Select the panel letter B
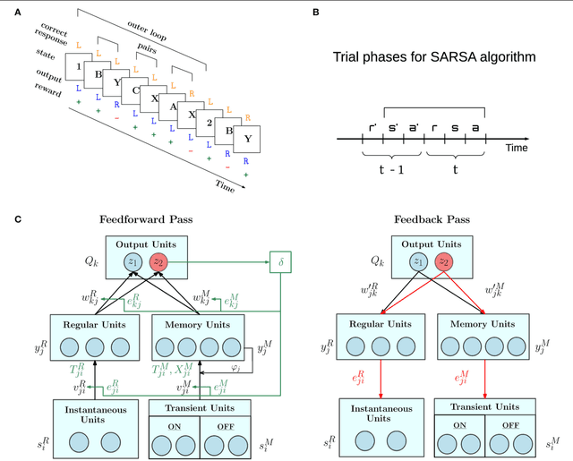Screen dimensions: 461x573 tap(314, 12)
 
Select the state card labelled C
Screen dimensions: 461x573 tap(135, 90)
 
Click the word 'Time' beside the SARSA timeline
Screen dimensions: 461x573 tap(517, 147)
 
